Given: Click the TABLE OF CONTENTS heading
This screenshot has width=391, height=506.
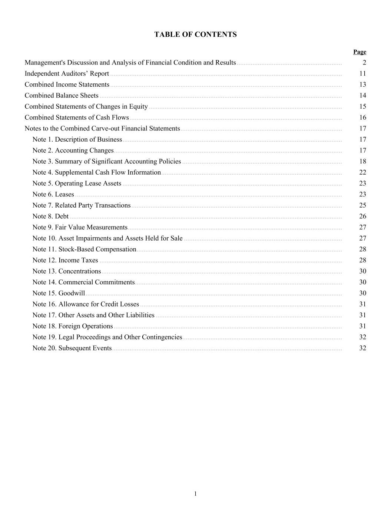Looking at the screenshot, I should pos(195,34).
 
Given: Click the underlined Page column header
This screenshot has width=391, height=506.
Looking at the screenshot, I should pos(359,52).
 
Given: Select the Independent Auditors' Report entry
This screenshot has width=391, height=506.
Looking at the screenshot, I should pos(67,73).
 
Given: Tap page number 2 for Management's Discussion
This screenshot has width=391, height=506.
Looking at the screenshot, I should pos(364,63).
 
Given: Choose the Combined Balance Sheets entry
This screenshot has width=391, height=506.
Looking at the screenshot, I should pos(62,96).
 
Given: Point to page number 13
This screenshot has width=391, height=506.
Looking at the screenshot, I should pos(362,85).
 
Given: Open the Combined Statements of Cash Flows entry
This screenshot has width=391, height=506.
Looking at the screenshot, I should pos(77,118).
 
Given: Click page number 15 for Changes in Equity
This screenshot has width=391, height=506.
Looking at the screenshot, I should pos(362,106).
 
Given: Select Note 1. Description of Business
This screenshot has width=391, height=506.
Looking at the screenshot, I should pos(77,139).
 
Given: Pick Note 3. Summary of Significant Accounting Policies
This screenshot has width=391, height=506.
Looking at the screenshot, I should pos(107,161).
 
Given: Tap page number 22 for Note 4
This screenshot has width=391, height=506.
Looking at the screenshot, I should pos(362,172).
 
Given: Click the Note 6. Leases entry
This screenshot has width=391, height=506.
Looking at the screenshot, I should pos(53,194).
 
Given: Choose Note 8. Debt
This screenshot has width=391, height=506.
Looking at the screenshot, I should pos(50,216).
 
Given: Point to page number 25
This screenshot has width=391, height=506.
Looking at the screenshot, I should pos(362,205).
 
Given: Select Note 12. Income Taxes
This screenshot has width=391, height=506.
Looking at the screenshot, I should pos(65,260).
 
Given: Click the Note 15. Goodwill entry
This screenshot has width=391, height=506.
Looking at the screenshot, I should pos(59,293).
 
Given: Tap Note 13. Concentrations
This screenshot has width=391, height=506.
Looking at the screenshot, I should pos(67,271).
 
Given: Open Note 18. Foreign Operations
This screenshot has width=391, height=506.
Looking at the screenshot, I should pos(73,326).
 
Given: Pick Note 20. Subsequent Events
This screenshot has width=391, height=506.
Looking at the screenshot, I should pos(72,348).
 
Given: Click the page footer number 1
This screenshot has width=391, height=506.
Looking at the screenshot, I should pos(195,493).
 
